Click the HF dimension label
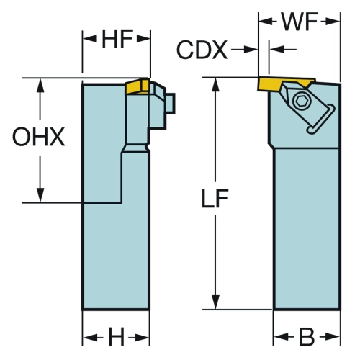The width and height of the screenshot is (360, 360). click(117, 39)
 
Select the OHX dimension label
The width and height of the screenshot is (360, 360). click(39, 137)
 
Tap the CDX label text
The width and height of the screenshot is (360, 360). click(202, 50)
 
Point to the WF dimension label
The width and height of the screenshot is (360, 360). click(300, 22)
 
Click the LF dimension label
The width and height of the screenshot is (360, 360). click(215, 198)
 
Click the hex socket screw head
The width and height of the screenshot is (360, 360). click(301, 101)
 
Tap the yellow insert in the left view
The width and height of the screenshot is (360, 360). click(138, 86)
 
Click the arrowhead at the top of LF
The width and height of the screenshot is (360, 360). click(216, 84)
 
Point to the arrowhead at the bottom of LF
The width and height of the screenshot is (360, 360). click(216, 302)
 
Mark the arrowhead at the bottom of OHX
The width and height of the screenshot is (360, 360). click(40, 196)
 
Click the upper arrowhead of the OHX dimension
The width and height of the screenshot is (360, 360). click(40, 85)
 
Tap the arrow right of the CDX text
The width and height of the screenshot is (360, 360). click(244, 50)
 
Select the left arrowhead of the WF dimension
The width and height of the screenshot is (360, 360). click(266, 22)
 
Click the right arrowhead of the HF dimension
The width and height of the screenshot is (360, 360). click(143, 38)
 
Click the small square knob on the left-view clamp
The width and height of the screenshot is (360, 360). click(171, 103)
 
